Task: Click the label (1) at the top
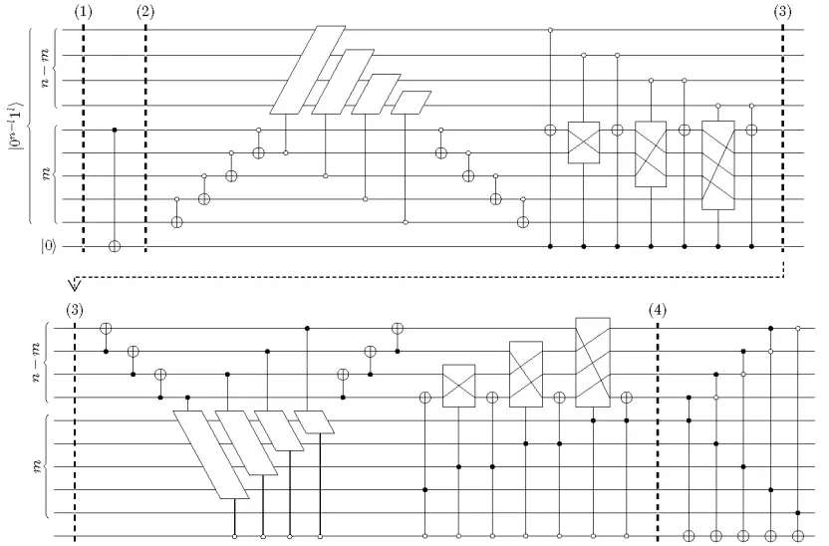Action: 83,12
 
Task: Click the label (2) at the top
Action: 145,12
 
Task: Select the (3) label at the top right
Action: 782,12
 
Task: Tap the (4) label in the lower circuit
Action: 658,310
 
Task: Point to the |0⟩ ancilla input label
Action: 48,247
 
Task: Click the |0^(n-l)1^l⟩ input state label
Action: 17,126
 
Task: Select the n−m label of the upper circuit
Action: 47,68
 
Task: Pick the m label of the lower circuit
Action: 38,467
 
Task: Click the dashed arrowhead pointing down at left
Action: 75,285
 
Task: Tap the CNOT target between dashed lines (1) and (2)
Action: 115,246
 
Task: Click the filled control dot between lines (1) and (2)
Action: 115,130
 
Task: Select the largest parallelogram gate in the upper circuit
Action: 308,70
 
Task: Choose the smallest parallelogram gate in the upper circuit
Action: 412,103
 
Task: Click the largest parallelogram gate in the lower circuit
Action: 211,454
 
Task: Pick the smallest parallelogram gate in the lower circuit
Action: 315,422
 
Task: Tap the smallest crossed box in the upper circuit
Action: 584,142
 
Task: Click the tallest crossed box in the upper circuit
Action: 718,165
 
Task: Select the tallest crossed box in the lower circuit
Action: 593,362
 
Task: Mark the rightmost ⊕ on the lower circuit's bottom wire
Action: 798,536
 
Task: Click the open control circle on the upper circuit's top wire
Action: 550,30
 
